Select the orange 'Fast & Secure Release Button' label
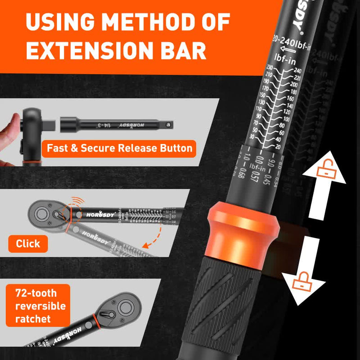[119, 148]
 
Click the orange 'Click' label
[28, 243]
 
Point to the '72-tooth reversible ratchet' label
[40, 306]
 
